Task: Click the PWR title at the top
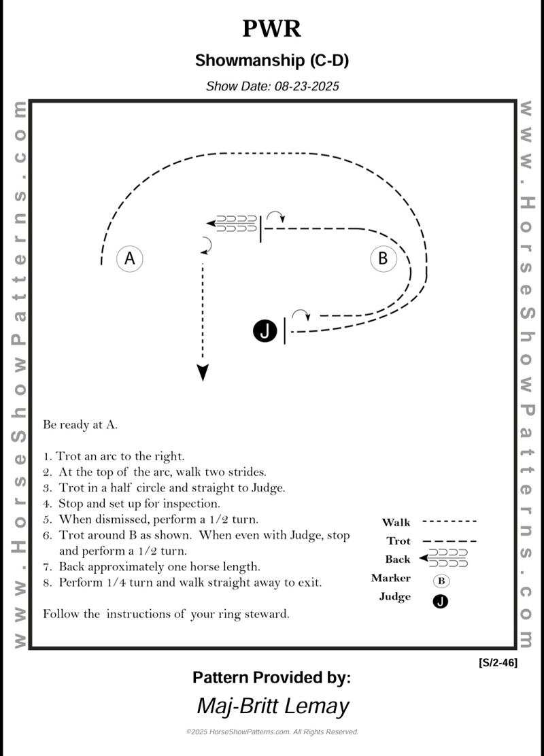[x=271, y=29]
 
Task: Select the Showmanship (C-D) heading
[x=271, y=61]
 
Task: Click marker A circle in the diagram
[x=129, y=258]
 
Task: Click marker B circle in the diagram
[x=383, y=258]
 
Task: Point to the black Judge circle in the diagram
[x=265, y=331]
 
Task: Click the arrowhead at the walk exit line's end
[x=203, y=373]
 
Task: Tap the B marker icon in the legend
[x=441, y=581]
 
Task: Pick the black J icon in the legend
[x=441, y=601]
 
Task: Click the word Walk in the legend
[x=396, y=522]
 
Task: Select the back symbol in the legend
[x=445, y=559]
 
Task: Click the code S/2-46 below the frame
[x=498, y=663]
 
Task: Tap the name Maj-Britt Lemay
[x=272, y=705]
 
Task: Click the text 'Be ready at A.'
[x=80, y=425]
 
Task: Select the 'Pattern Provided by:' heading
[x=271, y=677]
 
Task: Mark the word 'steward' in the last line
[x=268, y=614]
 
